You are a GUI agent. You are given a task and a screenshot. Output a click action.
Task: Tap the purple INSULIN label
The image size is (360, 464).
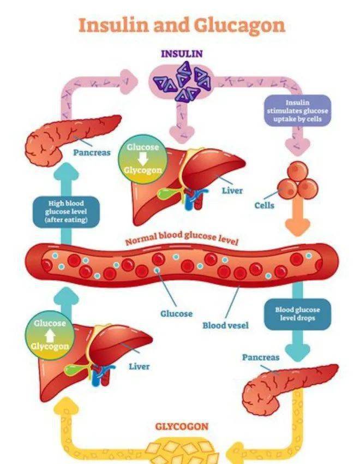(182, 53)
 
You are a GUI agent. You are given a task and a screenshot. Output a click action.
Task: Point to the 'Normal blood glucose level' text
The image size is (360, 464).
(182, 239)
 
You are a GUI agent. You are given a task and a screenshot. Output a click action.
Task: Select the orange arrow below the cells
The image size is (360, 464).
(298, 222)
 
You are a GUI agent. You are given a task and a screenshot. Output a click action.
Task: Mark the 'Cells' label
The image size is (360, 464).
(264, 206)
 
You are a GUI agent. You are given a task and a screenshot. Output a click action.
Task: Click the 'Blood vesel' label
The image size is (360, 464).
(225, 325)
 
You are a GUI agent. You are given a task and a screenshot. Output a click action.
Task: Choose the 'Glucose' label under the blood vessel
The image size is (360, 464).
(176, 314)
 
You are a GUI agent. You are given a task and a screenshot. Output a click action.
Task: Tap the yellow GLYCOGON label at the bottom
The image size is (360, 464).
(182, 426)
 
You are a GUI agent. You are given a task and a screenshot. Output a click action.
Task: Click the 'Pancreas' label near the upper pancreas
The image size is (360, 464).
(92, 152)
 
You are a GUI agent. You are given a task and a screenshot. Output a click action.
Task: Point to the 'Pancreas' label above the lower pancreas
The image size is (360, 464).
(260, 358)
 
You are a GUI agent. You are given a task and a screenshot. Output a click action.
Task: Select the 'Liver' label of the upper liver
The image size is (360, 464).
(232, 191)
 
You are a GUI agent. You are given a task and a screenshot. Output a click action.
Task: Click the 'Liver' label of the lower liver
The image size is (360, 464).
(139, 366)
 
